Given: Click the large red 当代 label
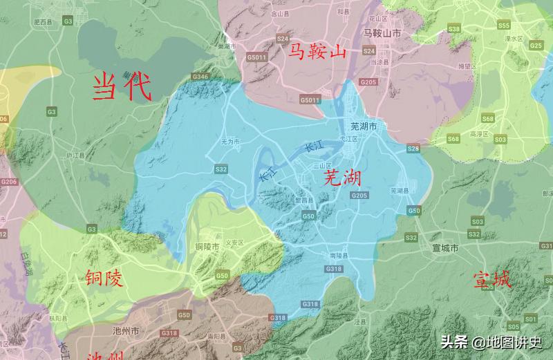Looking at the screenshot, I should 122,86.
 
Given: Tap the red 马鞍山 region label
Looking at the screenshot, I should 316,52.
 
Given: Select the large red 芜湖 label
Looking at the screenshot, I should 342,178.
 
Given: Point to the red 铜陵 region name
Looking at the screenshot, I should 104,278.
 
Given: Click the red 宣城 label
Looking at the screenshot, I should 492,280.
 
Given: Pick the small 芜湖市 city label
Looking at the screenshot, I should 364,126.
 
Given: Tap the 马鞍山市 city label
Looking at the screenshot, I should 382,32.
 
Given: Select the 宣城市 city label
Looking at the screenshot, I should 445,247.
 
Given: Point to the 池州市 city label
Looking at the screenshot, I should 126,331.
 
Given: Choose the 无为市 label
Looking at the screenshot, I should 229,141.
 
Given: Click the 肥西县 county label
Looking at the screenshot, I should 42,22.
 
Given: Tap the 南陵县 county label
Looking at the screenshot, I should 339,256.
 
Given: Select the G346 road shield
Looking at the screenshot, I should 200,76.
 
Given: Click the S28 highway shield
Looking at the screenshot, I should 413,149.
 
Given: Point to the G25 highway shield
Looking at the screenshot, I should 536,46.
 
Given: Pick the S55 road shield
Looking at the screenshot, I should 503,26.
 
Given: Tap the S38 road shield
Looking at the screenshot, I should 454,29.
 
